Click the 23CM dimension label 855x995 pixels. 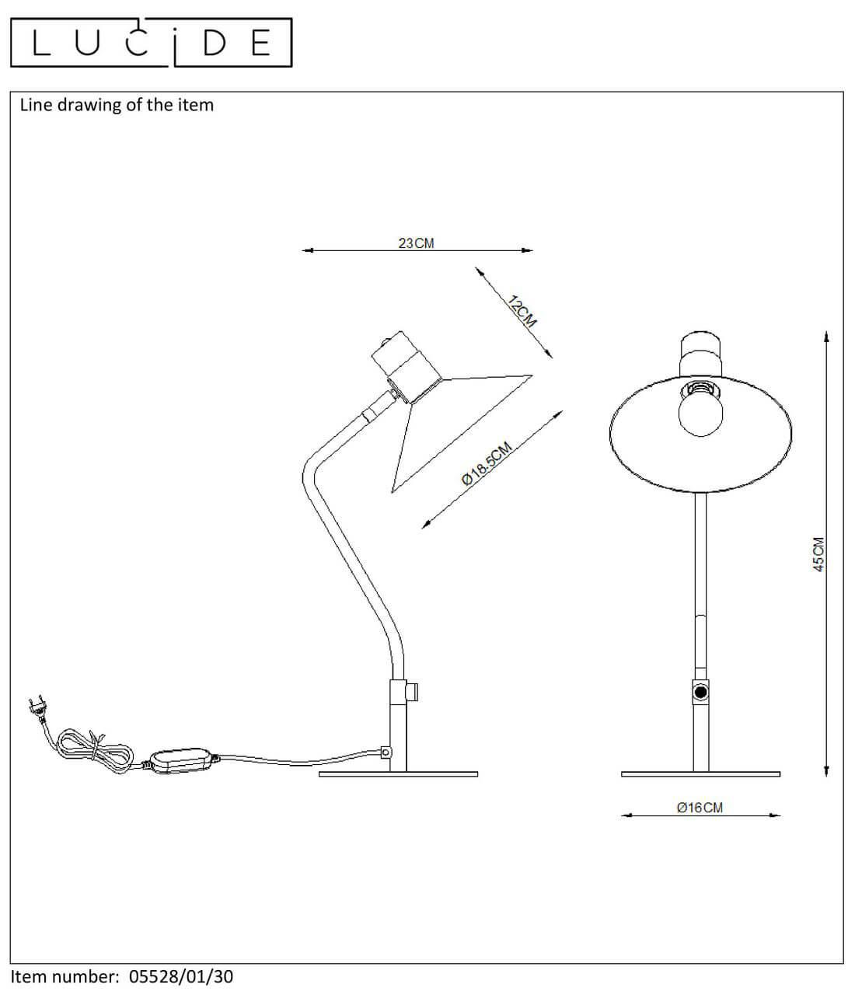click(416, 243)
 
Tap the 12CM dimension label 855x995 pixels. click(522, 312)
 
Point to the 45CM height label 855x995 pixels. click(818, 554)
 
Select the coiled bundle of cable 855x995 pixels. click(94, 752)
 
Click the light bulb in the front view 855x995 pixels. click(700, 409)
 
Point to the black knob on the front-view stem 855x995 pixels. click(701, 692)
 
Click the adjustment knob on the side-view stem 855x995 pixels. click(412, 692)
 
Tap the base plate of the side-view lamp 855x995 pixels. click(398, 774)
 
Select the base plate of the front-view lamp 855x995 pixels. click(700, 774)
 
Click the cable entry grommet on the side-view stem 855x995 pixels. click(386, 752)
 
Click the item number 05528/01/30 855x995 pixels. click(181, 976)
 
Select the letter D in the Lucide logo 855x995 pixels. click(215, 43)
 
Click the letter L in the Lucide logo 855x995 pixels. click(41, 43)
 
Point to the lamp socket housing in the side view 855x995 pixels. click(407, 367)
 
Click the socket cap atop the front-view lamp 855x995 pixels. click(701, 354)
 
